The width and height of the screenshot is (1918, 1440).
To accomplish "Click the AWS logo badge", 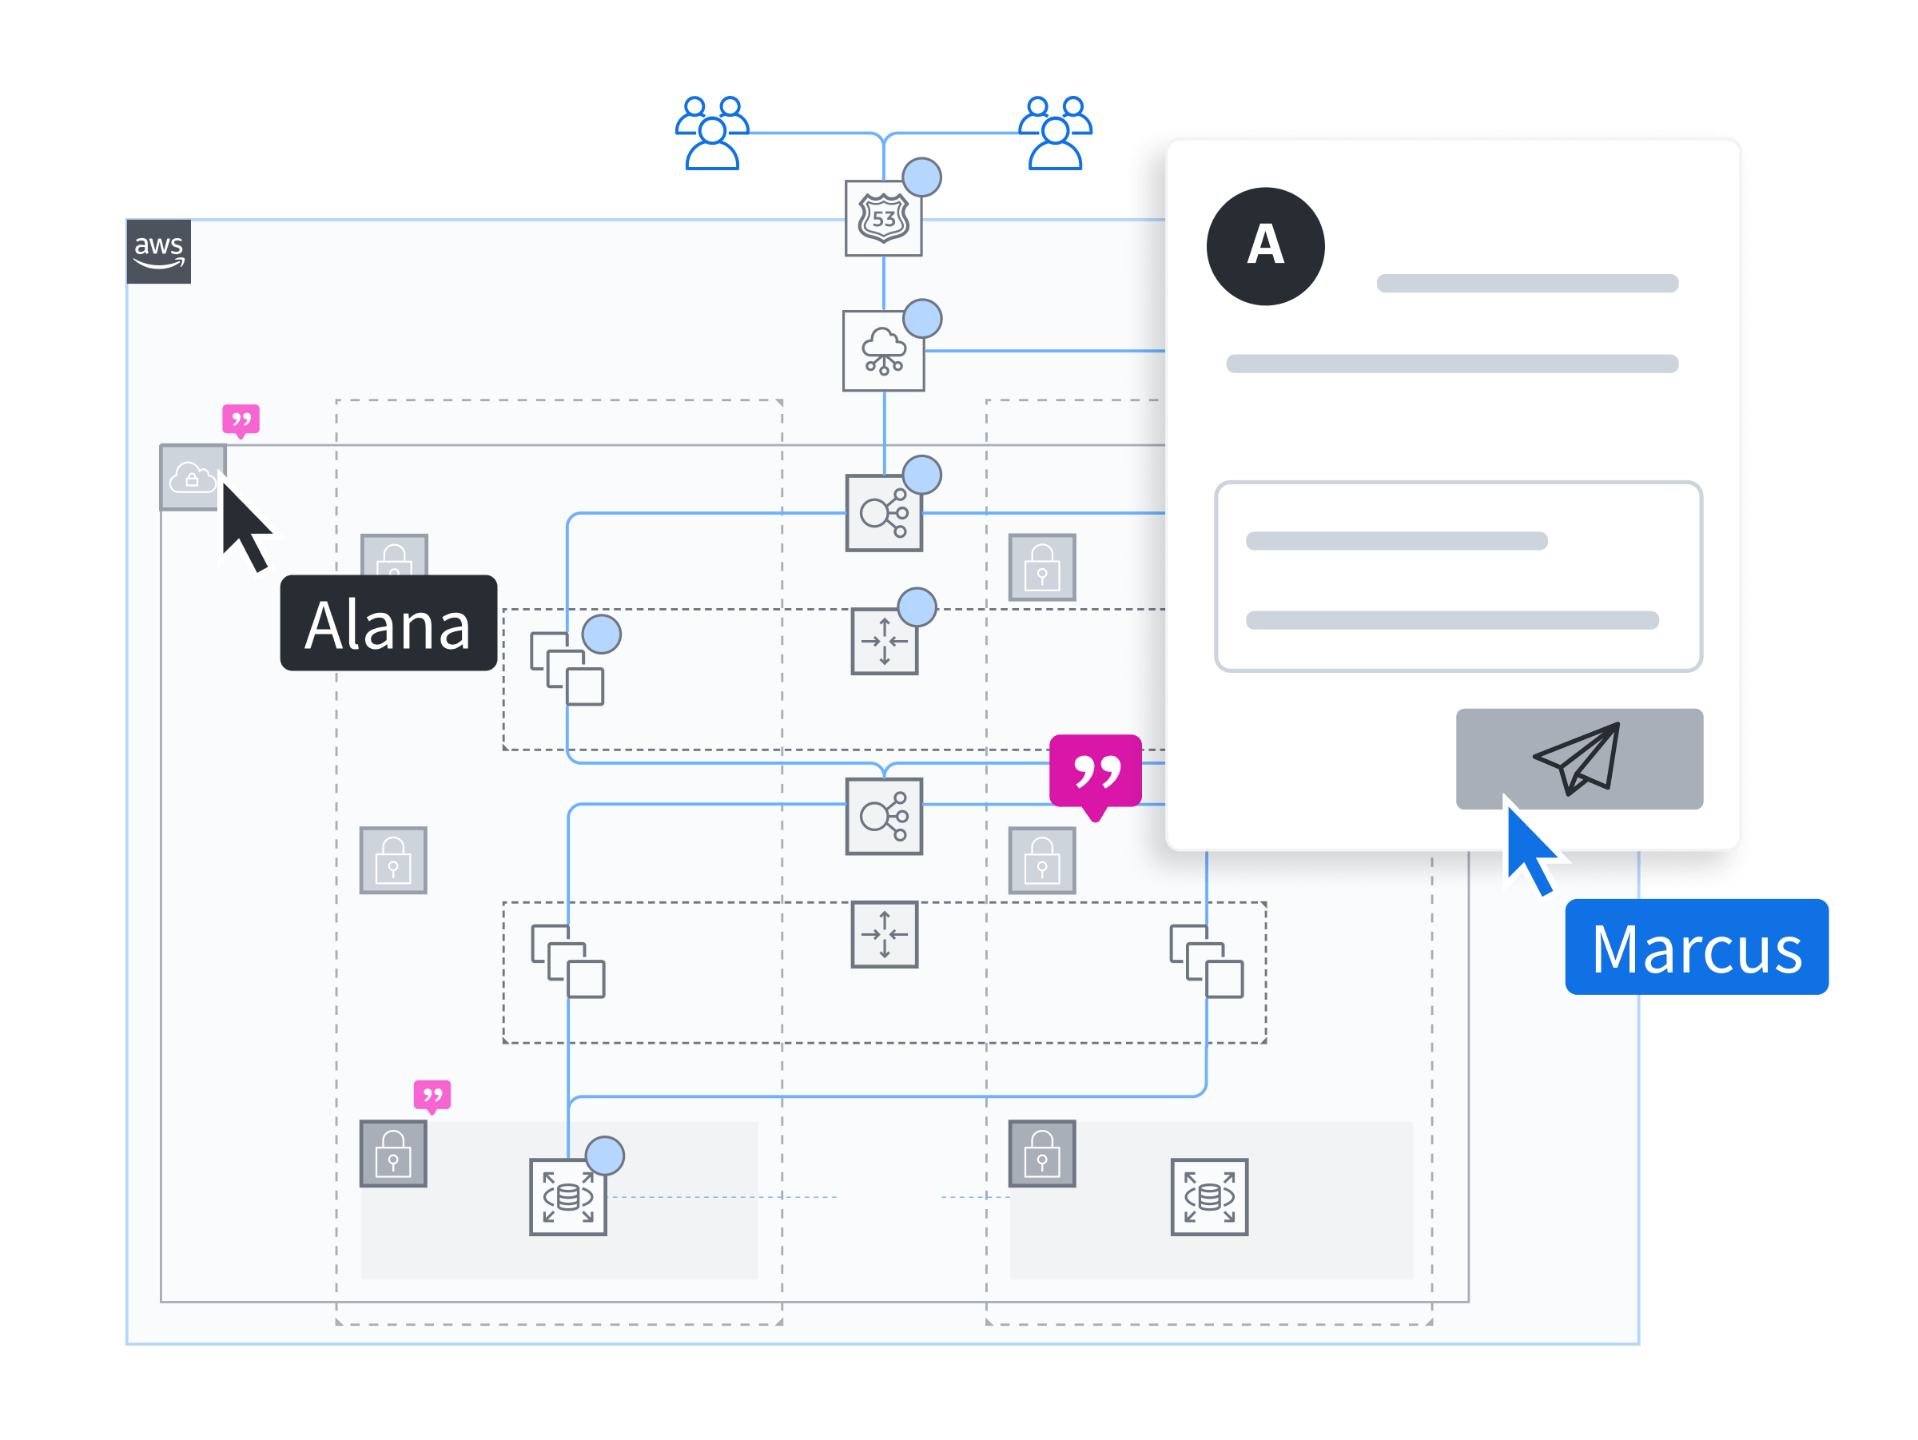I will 159,252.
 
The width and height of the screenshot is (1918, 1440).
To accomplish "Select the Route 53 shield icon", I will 883,219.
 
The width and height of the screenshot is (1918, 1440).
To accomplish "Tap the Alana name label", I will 388,623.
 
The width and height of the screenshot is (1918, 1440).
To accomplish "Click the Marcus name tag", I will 1696,947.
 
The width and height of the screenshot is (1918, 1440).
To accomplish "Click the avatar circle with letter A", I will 1265,246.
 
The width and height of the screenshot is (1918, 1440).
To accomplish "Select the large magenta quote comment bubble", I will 1095,772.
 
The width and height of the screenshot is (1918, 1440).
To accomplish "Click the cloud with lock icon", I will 193,478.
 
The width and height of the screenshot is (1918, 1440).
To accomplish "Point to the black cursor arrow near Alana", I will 243,524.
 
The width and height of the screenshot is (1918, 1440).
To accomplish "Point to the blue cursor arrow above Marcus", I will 1530,849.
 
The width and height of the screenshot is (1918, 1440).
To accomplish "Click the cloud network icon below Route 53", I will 883,351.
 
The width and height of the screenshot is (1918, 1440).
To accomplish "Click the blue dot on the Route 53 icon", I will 921,177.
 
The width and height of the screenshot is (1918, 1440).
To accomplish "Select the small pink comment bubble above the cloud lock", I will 241,420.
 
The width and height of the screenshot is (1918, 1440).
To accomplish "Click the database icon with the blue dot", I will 568,1196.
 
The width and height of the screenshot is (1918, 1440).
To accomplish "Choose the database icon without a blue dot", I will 1208,1196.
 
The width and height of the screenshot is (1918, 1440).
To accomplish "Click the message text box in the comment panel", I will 1458,576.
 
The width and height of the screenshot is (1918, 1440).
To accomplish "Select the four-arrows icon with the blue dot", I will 884,642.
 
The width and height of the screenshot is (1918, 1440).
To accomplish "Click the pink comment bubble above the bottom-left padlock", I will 432,1096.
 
